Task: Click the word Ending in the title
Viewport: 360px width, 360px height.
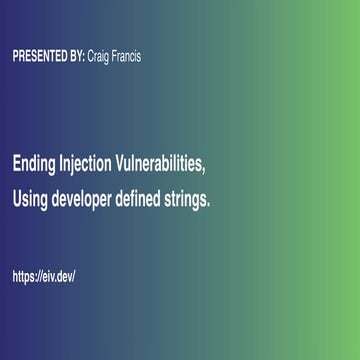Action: pos(35,164)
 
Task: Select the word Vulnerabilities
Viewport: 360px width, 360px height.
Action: pos(163,164)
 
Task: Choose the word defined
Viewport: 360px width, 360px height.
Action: pos(146,199)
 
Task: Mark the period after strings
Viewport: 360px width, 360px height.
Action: pos(209,204)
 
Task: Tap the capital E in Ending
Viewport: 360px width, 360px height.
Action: pos(16,164)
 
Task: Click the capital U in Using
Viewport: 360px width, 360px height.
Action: pos(17,199)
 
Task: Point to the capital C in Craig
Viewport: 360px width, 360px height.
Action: pos(92,56)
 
